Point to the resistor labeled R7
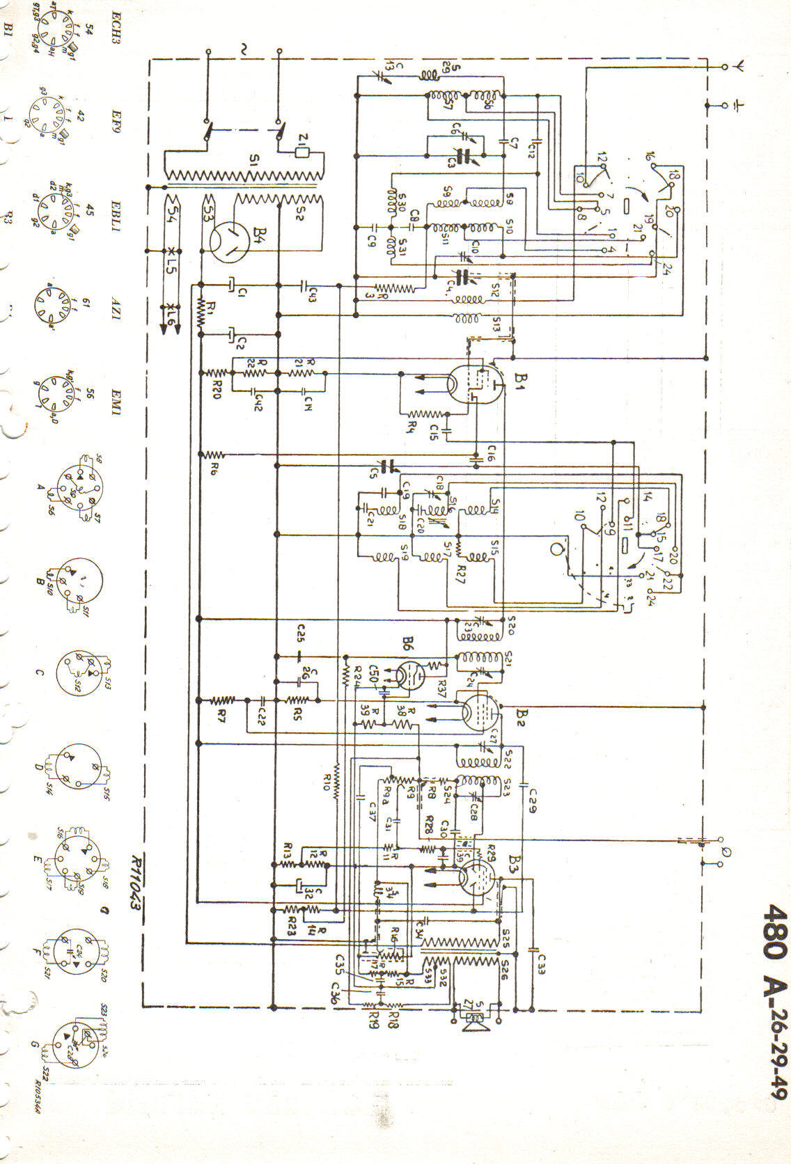tap(223, 700)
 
